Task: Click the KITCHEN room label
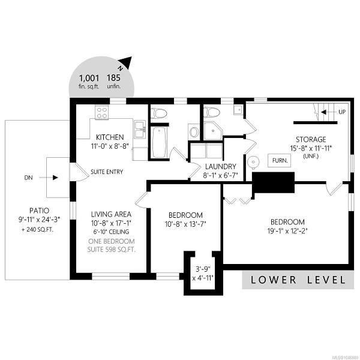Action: point(110,137)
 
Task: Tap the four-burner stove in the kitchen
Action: point(102,113)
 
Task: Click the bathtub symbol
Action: point(160,142)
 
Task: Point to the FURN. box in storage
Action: point(280,160)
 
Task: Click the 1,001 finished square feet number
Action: point(89,78)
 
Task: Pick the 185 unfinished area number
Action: point(113,78)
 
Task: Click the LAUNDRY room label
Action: point(220,166)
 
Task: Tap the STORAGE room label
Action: point(311,139)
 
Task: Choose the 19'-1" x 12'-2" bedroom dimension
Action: point(287,231)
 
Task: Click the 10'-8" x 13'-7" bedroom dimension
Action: point(185,224)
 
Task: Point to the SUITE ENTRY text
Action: point(107,172)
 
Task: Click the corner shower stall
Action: point(213,130)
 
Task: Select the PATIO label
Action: point(39,211)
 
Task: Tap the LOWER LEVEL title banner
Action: point(298,280)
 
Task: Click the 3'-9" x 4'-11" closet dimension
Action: point(203,274)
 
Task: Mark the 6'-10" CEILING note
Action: point(111,232)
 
